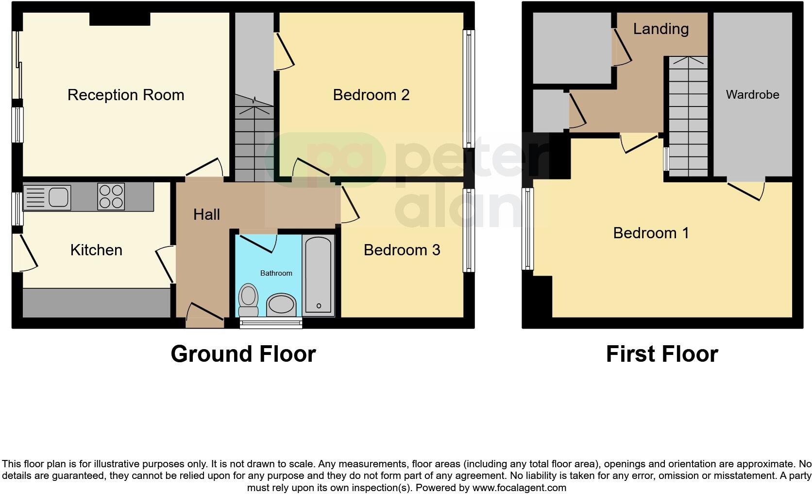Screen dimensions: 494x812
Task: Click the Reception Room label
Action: (x=126, y=95)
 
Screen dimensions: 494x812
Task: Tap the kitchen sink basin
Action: (x=58, y=196)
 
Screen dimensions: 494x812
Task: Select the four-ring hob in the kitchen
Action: (x=111, y=196)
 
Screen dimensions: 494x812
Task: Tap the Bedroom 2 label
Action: (x=371, y=95)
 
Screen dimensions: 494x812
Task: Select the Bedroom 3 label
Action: (x=402, y=250)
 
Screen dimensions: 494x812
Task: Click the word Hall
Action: (x=206, y=214)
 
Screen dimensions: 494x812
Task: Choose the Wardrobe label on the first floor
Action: (x=752, y=95)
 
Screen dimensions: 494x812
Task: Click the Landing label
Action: (x=660, y=29)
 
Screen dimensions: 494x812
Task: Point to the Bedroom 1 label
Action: (x=651, y=233)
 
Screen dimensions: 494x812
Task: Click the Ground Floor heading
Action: (x=243, y=354)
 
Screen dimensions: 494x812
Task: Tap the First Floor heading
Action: (x=661, y=354)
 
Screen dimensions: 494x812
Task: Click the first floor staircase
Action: (x=688, y=117)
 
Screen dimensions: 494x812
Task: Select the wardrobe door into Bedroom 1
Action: (x=745, y=190)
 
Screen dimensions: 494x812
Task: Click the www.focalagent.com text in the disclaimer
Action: (x=519, y=488)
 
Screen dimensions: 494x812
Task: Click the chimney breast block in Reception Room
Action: (x=119, y=18)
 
